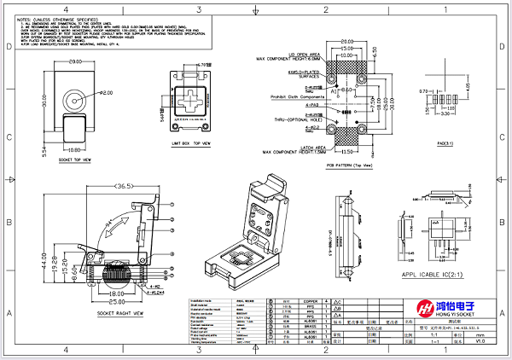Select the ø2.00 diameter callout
pyautogui.click(x=102, y=92)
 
